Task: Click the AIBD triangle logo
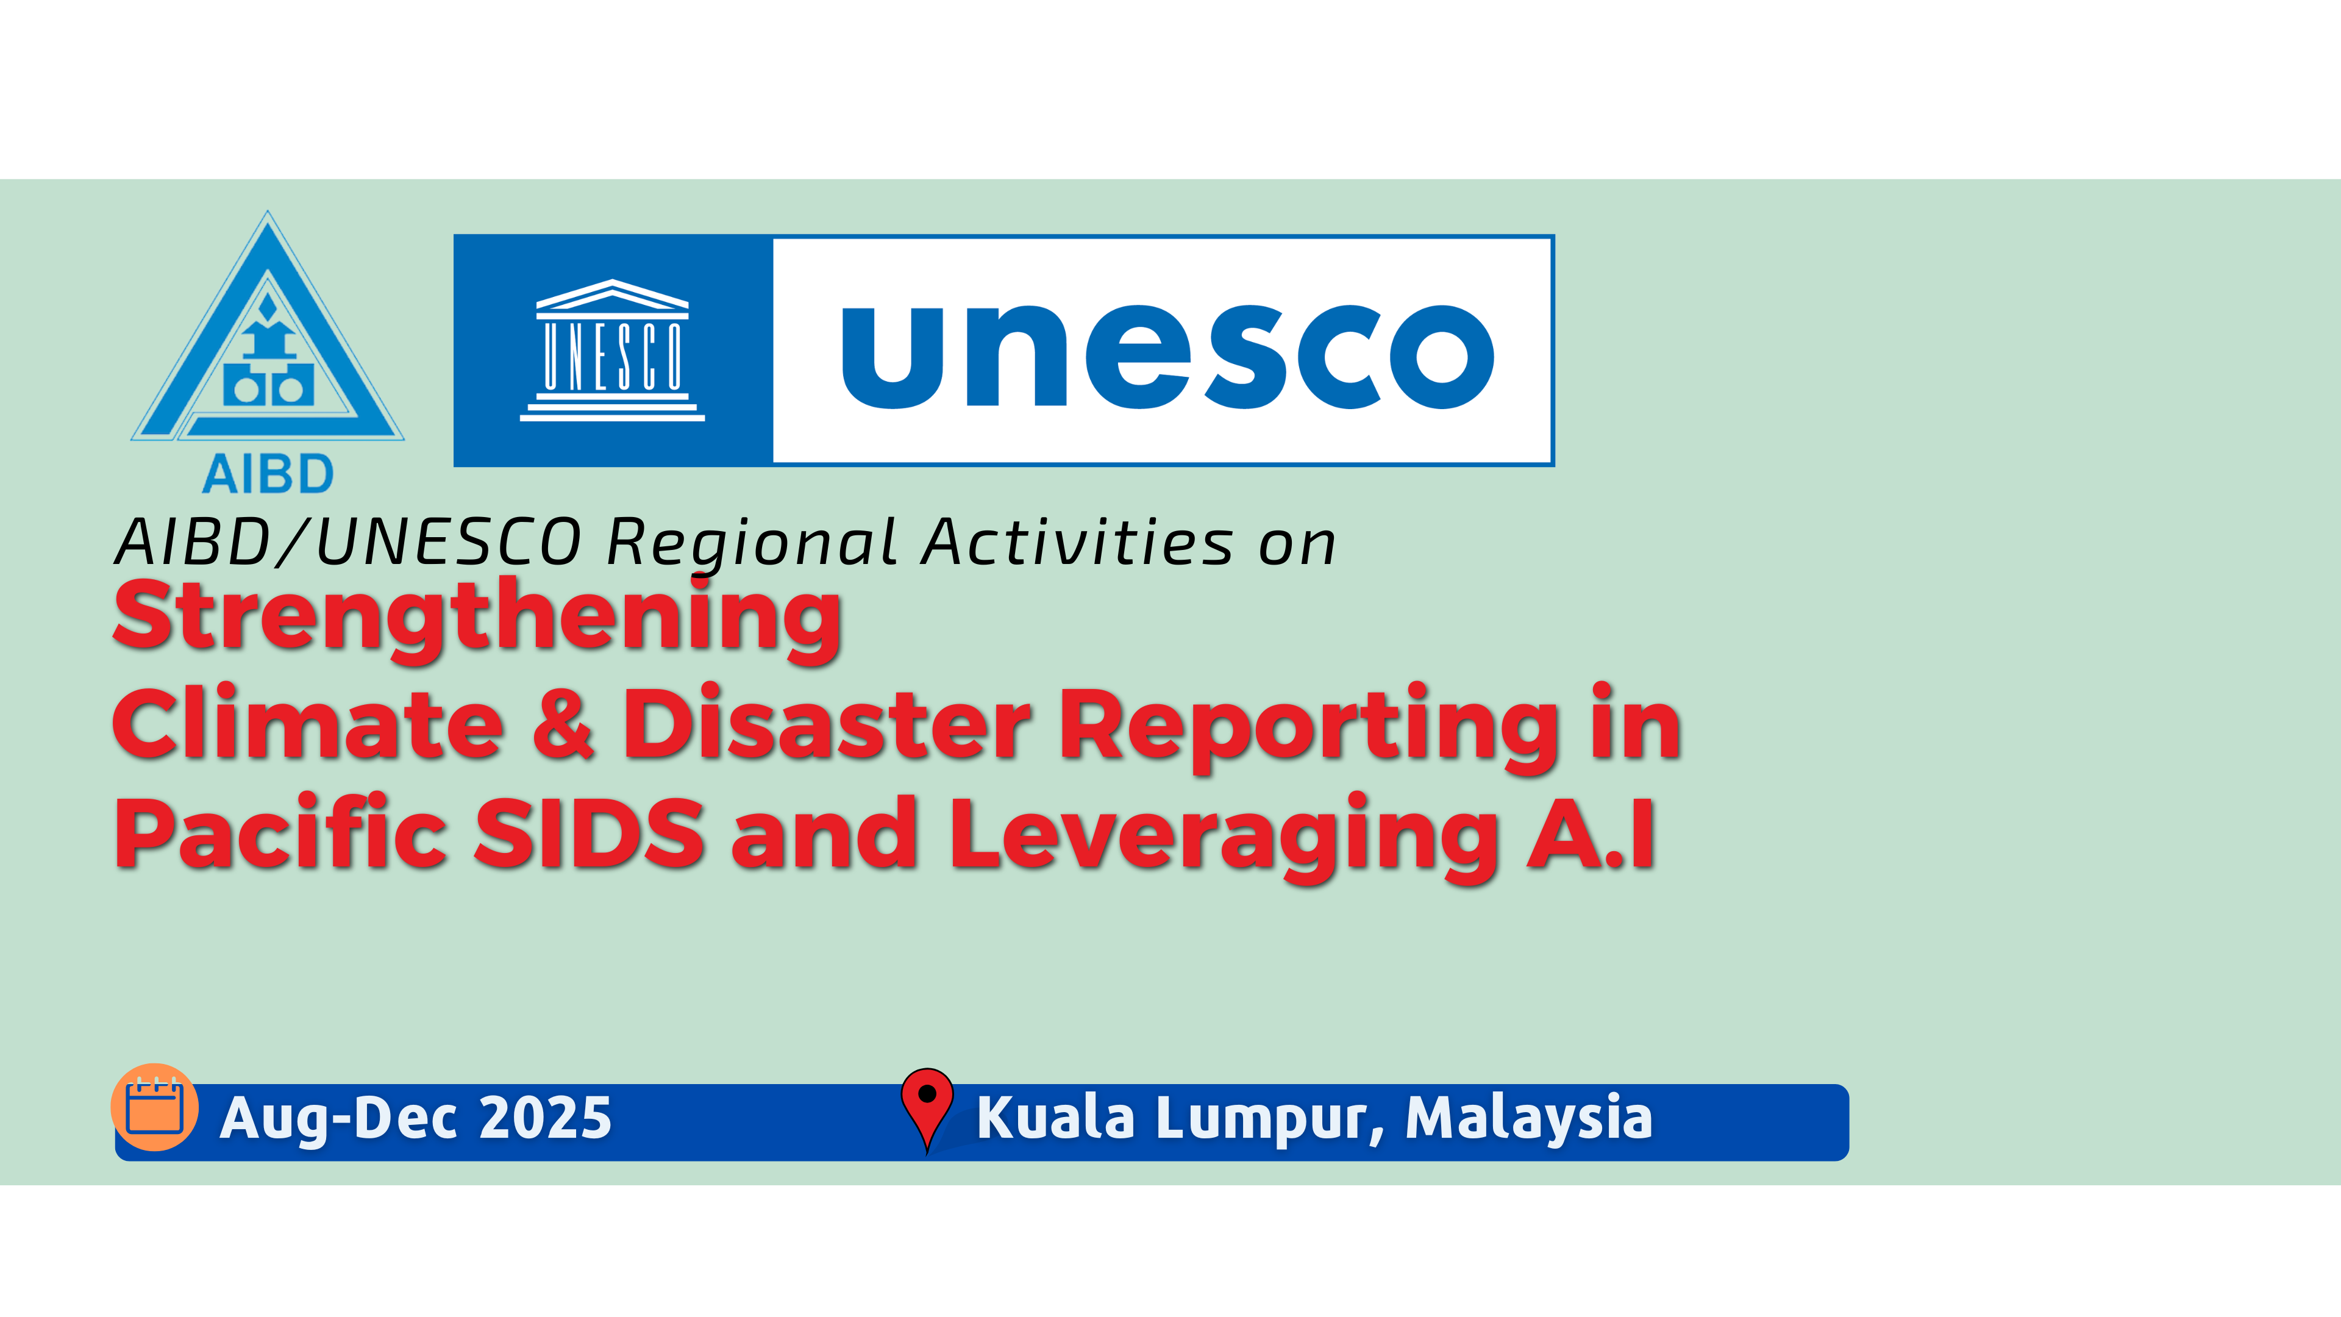(x=267, y=327)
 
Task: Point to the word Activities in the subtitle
(x=1078, y=543)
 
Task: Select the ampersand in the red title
(x=563, y=724)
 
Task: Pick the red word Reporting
(x=1309, y=729)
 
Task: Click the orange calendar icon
(x=154, y=1107)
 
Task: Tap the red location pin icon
(x=927, y=1109)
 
